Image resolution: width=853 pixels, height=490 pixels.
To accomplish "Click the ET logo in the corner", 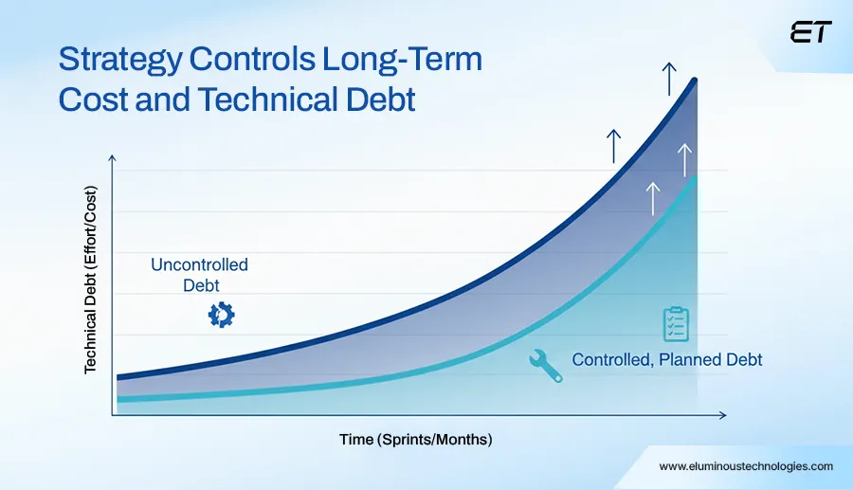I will pos(809,33).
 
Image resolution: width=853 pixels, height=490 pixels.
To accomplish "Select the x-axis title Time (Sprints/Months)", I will pos(416,440).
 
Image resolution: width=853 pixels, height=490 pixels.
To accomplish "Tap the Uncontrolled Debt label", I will pos(199,274).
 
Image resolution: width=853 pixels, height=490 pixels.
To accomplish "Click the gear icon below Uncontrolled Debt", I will pos(221,315).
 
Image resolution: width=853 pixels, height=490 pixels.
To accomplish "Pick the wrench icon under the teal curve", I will pos(545,365).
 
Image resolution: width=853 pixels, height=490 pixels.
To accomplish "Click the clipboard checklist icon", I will pos(675,324).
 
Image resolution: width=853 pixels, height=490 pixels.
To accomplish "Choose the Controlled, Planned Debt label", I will pos(667,360).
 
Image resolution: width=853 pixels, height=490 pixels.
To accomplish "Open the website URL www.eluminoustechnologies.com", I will pos(746,466).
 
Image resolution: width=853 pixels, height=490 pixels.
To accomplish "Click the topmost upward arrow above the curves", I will pos(669,78).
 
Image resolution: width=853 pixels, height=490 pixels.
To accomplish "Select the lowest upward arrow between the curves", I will pos(652,197).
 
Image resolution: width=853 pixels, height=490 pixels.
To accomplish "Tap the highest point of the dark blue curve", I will pos(697,80).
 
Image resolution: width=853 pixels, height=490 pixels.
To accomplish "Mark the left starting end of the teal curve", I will pos(118,399).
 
